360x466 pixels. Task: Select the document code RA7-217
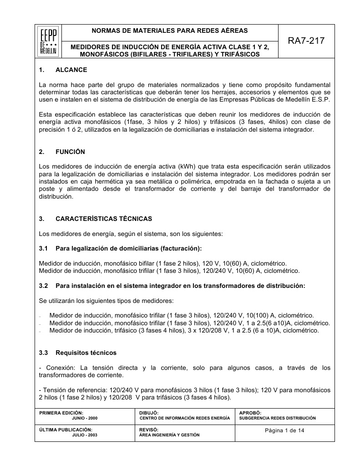pyautogui.click(x=306, y=41)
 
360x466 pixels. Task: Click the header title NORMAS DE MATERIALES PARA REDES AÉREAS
pyautogui.click(x=170, y=31)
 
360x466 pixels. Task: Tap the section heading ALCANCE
pyautogui.click(x=71, y=70)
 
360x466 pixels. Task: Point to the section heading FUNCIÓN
pyautogui.click(x=70, y=152)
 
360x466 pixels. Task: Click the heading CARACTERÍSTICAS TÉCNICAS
pyautogui.click(x=104, y=219)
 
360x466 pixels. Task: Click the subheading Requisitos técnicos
pyautogui.click(x=86, y=353)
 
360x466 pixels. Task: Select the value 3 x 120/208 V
pyautogui.click(x=211, y=330)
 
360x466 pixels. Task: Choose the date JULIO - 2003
pyautogui.click(x=85, y=435)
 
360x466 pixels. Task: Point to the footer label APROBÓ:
pyautogui.click(x=250, y=413)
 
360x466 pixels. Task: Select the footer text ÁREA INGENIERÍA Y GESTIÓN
pyautogui.click(x=169, y=435)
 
